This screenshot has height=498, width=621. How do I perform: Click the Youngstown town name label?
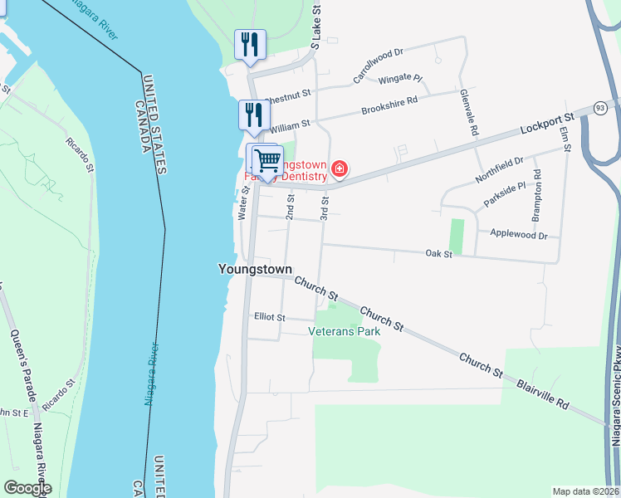pyautogui.click(x=255, y=269)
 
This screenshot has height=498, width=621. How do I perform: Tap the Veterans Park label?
pyautogui.click(x=344, y=331)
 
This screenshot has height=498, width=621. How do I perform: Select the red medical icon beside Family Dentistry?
pyautogui.click(x=339, y=170)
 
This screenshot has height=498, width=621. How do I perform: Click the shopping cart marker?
pyautogui.click(x=268, y=160)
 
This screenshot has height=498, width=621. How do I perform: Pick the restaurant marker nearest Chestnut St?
pyautogui.click(x=249, y=45)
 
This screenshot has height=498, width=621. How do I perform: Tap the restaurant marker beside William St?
pyautogui.click(x=254, y=115)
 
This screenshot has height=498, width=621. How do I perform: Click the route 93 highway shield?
pyautogui.click(x=600, y=109)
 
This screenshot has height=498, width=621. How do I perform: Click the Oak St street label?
pyautogui.click(x=438, y=253)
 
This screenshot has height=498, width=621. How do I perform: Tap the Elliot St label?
pyautogui.click(x=270, y=317)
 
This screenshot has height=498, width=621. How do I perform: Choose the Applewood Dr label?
pyautogui.click(x=519, y=236)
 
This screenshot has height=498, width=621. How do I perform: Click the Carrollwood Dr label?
pyautogui.click(x=378, y=65)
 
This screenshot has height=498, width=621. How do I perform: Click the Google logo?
pyautogui.click(x=27, y=488)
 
